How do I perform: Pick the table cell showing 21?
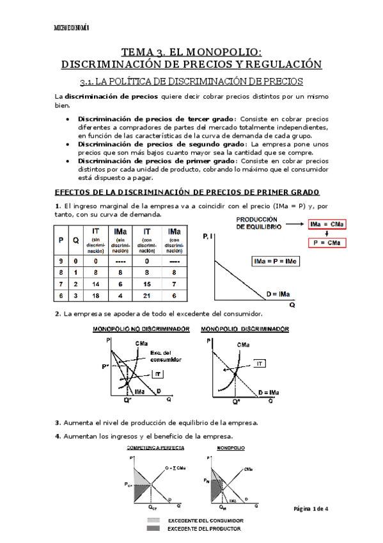146,296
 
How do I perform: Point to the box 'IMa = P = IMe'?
275,261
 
